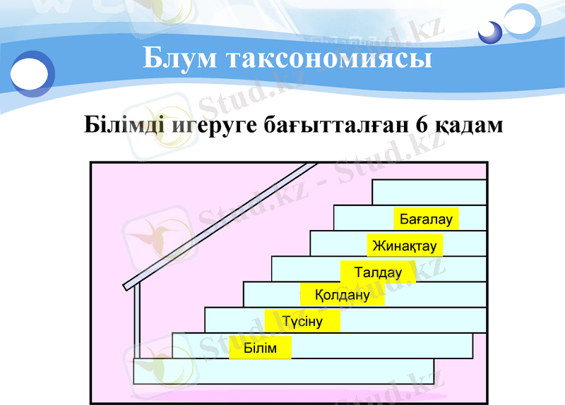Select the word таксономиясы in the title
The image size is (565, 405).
click(329, 58)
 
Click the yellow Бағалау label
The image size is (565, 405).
click(426, 219)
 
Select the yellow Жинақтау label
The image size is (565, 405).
click(405, 246)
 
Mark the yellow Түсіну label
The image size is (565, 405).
click(302, 322)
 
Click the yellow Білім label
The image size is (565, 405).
click(260, 349)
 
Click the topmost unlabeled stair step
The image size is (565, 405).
click(429, 192)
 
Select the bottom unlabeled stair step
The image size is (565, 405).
click(283, 371)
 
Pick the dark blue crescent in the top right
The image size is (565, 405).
click(489, 32)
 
